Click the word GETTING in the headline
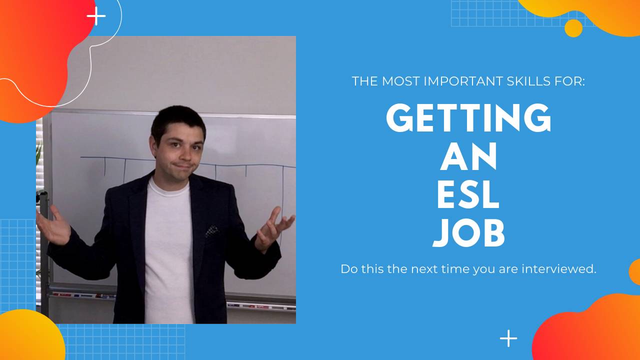468,117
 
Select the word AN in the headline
468,156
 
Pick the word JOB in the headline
468,234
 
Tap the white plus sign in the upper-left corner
96,16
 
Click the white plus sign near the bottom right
508,338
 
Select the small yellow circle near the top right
573,28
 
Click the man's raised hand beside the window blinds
54,225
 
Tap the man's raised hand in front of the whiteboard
272,227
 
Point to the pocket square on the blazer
212,230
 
